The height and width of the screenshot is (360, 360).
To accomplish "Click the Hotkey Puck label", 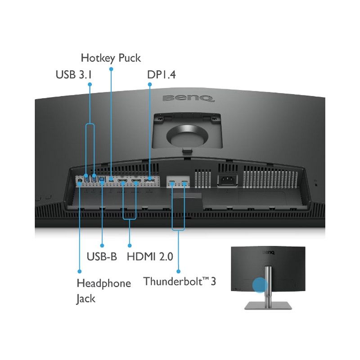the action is [111, 58].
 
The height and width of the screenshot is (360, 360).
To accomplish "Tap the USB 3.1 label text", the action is [74, 75].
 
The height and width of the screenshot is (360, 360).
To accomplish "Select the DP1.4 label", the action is [162, 75].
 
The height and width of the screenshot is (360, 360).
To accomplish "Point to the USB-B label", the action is [102, 256].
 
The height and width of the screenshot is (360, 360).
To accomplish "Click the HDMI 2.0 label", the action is [150, 256].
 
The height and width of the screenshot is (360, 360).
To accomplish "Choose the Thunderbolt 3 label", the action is [180, 281].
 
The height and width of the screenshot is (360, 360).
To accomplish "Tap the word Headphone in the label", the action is [104, 283].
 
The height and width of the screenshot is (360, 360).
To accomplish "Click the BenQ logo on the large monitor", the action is [189, 98].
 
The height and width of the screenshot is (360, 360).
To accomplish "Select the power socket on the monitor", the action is [227, 180].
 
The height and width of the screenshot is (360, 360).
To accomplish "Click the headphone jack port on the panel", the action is [80, 180].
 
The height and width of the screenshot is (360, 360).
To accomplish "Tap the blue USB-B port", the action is [102, 179].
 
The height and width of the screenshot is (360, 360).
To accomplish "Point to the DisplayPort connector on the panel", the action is [149, 179].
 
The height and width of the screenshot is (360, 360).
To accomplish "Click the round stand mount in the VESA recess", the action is [187, 136].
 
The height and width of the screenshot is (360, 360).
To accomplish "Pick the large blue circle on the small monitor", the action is [260, 285].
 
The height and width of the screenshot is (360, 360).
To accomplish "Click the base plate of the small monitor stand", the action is [268, 306].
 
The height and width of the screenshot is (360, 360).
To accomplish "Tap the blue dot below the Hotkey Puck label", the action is [111, 69].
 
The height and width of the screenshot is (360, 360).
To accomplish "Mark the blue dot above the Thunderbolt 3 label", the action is [178, 271].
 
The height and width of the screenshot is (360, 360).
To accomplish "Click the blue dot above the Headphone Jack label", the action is [80, 271].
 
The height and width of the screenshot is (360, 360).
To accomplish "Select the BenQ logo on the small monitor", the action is [268, 252].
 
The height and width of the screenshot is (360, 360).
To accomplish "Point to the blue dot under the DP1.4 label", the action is [150, 85].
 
